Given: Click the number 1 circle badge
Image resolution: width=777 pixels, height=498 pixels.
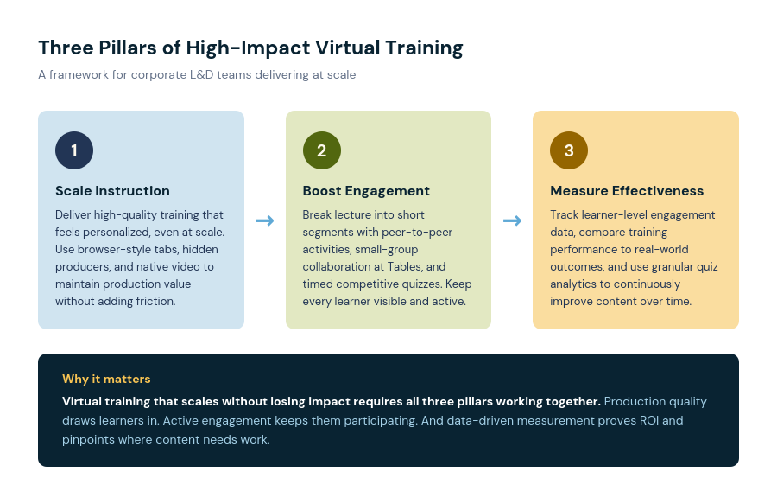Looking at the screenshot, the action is [x=74, y=150].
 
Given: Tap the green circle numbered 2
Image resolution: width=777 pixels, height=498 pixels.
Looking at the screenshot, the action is [x=322, y=150].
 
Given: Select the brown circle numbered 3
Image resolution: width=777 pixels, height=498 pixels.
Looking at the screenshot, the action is [x=569, y=150].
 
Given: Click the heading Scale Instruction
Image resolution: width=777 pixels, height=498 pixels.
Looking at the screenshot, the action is [x=112, y=191].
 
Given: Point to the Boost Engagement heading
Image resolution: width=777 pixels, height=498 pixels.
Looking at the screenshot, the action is [x=366, y=191].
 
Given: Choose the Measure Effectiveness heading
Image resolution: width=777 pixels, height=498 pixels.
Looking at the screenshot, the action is [x=627, y=191].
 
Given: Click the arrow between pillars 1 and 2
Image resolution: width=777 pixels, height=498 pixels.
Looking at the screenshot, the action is [x=265, y=220].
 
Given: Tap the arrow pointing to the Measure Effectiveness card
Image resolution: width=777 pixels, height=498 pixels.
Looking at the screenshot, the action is [x=512, y=220].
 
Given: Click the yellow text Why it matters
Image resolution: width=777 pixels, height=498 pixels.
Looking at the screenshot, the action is [x=106, y=379].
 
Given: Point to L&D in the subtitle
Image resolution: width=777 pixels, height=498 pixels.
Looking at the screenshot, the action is [x=202, y=75].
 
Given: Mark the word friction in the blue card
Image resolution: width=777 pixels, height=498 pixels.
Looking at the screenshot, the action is [x=158, y=302].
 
